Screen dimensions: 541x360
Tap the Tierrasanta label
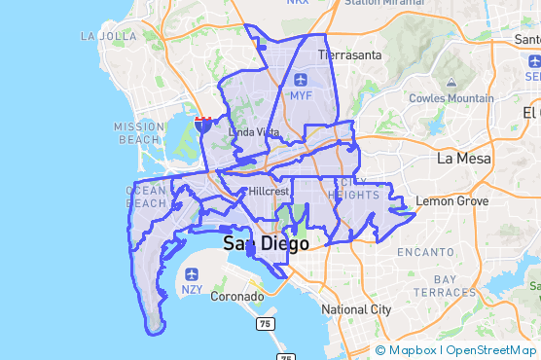tap(348, 55)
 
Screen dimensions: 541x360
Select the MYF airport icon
tap(300, 79)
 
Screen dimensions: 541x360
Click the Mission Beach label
tap(138, 132)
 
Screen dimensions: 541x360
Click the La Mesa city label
tap(462, 158)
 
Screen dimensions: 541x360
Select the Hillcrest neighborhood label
tap(269, 192)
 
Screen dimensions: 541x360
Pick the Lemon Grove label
tap(451, 201)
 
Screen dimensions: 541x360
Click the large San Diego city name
tap(266, 243)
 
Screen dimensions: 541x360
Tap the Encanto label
tap(424, 253)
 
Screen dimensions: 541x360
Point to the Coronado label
tap(237, 296)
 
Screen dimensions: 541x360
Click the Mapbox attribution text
tap(414, 350)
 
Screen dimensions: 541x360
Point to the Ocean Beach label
tap(147, 197)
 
